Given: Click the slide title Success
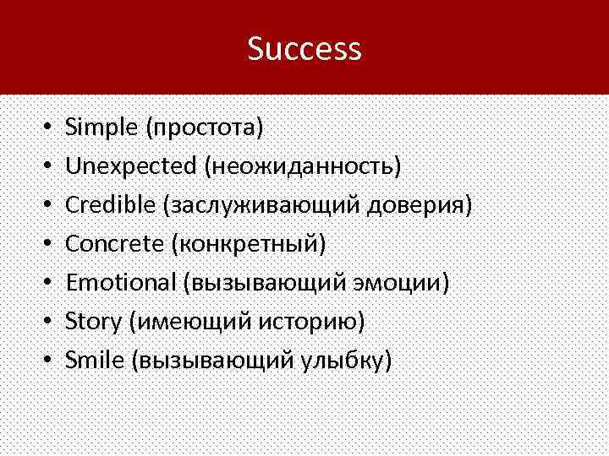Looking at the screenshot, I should pyautogui.click(x=304, y=48).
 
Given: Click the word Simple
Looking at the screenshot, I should pyautogui.click(x=102, y=128).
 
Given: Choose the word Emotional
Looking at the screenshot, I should pyautogui.click(x=121, y=283).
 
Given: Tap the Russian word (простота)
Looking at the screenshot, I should pyautogui.click(x=205, y=128).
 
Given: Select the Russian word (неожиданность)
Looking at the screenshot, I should pyautogui.click(x=301, y=166).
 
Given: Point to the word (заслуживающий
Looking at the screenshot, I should pyautogui.click(x=265, y=205).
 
